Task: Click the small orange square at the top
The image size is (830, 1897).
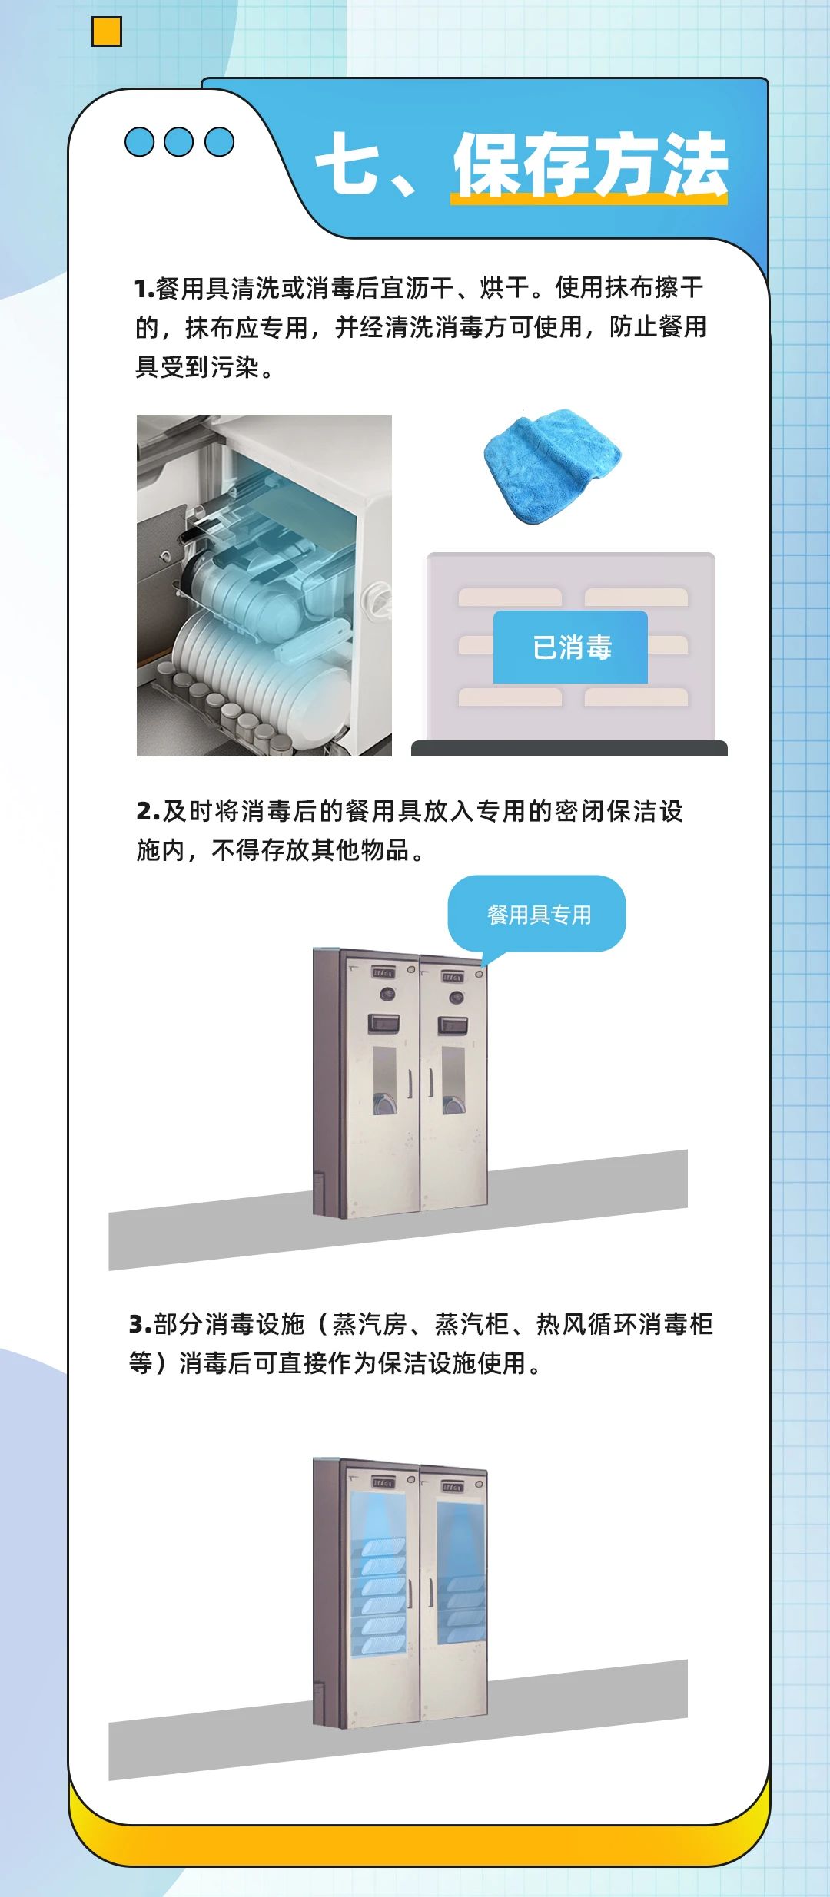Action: tap(107, 31)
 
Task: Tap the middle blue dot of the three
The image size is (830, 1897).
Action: tap(179, 141)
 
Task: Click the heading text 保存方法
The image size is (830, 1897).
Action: tap(590, 164)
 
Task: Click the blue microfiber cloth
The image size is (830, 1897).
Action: tap(552, 465)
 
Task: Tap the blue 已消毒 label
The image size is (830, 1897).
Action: tap(570, 647)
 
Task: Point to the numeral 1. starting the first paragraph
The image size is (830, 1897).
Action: tap(144, 289)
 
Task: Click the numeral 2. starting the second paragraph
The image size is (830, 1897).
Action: tap(148, 811)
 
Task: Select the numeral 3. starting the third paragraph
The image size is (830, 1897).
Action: tap(141, 1325)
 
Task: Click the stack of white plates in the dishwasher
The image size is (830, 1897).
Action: tap(254, 672)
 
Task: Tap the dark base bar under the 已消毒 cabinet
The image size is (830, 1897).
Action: tap(569, 748)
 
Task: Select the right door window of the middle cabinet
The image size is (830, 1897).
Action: tap(453, 1080)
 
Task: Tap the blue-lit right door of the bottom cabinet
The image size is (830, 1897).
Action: tap(460, 1571)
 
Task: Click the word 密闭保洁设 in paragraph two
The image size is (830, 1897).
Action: tap(619, 811)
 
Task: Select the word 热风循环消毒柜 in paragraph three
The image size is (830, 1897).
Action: tap(625, 1325)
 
